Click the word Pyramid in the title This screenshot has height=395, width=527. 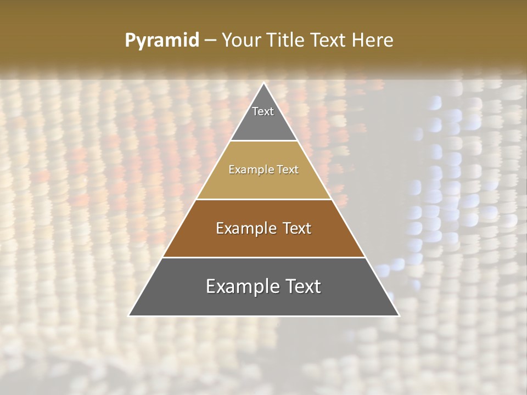[162, 41]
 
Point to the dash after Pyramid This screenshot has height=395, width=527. [210, 41]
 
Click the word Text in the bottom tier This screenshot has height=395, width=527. [301, 286]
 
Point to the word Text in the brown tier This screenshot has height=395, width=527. [298, 228]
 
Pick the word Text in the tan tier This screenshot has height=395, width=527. [288, 170]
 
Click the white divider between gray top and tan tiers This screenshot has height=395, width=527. [263, 141]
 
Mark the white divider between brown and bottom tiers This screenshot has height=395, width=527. [263, 257]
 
